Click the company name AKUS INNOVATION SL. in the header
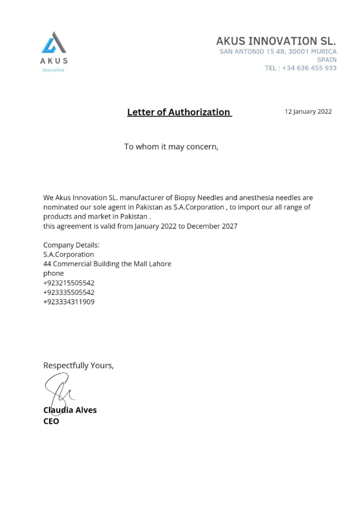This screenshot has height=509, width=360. click(x=276, y=40)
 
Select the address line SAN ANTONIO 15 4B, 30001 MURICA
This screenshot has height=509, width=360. click(x=278, y=51)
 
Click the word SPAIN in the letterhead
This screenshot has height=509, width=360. click(x=326, y=60)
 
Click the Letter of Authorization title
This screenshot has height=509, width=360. click(x=179, y=112)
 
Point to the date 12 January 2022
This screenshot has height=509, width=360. click(x=308, y=112)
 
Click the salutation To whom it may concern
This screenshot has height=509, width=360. click(x=171, y=147)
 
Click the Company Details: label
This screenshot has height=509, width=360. click(x=71, y=245)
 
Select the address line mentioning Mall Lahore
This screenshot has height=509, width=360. click(x=107, y=264)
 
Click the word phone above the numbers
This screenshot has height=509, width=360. click(x=54, y=273)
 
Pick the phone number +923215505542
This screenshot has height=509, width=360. click(x=69, y=283)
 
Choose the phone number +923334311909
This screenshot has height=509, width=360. click(x=69, y=302)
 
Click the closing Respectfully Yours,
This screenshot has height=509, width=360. click(x=79, y=365)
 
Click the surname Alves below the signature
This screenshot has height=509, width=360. click(x=86, y=410)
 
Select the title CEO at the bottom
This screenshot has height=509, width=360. click(x=51, y=421)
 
